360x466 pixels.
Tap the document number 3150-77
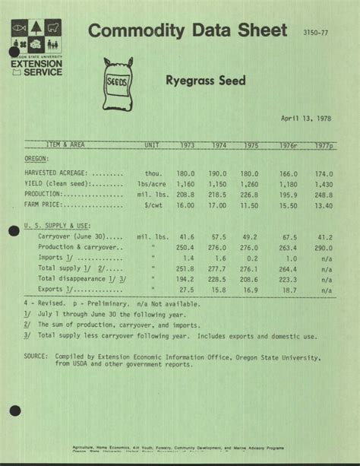315,33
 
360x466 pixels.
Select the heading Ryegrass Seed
206,81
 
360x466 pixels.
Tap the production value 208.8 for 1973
187,194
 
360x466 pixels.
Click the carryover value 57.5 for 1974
218,236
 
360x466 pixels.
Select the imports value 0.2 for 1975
251,258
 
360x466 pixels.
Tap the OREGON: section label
36,159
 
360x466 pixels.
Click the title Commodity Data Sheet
188,31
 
